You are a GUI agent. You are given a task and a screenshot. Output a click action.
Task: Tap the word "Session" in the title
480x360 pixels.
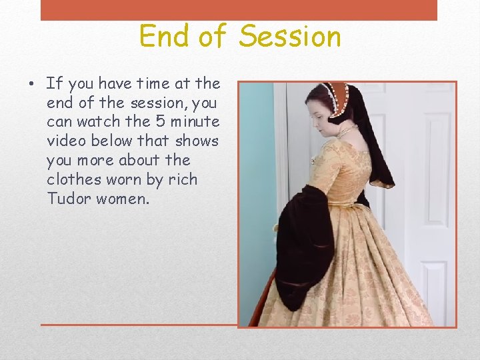[290, 36]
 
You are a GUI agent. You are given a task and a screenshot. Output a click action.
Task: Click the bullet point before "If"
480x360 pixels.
[31, 85]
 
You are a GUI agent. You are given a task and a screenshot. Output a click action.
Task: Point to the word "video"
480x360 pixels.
[66, 141]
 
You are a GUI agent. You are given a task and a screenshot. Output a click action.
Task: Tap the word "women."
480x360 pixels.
[123, 199]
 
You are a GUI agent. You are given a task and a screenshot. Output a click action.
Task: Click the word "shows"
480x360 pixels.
[197, 141]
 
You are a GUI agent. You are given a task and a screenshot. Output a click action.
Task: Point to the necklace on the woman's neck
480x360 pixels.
[347, 130]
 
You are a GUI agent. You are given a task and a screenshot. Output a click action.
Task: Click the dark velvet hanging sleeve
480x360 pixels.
[303, 240]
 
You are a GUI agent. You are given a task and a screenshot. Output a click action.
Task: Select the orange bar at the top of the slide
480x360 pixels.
[239, 10]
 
